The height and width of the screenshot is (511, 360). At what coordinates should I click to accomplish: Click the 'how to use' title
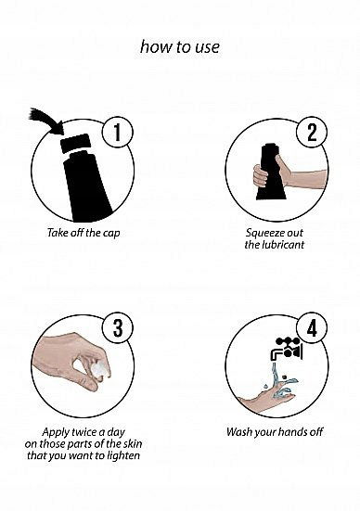[x=180, y=47]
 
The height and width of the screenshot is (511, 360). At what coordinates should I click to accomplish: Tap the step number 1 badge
[x=118, y=133]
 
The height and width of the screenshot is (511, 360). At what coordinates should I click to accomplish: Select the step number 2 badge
[x=312, y=133]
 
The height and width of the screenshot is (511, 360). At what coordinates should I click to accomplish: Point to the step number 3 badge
[x=118, y=328]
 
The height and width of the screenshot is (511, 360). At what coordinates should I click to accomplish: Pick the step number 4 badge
[x=312, y=328]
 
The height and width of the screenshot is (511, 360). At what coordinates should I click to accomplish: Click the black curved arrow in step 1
[x=47, y=120]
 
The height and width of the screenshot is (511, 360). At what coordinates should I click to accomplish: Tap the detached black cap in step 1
[x=75, y=144]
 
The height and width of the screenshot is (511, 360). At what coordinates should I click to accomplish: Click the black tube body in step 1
[x=86, y=187]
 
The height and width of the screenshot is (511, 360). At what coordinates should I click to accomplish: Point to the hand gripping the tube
[x=287, y=175]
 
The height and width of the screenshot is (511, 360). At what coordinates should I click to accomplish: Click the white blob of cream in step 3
[x=98, y=369]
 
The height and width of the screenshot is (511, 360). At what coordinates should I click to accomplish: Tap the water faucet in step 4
[x=287, y=349]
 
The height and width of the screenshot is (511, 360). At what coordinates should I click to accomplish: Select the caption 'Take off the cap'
[x=84, y=233]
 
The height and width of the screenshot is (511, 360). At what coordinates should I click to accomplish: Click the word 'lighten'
[x=123, y=455]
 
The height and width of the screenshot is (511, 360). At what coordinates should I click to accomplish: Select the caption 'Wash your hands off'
[x=275, y=432]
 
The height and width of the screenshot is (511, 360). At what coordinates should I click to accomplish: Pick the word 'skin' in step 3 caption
[x=133, y=443]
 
